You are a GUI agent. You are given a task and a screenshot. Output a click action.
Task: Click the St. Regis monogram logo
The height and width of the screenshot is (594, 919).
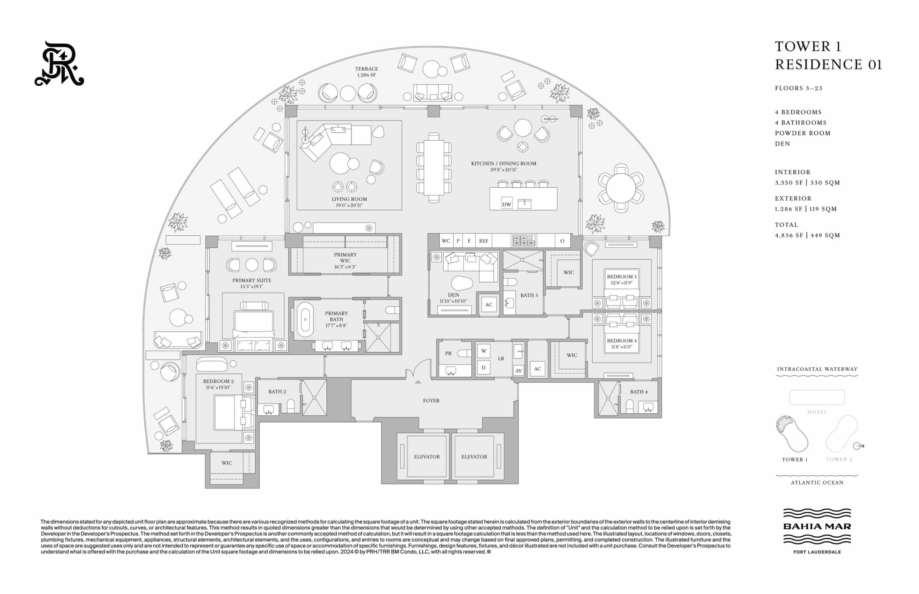coord(59,63)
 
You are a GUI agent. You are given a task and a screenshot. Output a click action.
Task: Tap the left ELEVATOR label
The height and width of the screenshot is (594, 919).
coord(427,457)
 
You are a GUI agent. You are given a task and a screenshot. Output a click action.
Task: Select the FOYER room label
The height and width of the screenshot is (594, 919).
coord(431,401)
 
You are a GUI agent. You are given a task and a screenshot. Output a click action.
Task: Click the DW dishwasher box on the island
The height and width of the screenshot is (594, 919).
coord(507,204)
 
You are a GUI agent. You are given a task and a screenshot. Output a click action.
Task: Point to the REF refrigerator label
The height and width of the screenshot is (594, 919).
coord(484,241)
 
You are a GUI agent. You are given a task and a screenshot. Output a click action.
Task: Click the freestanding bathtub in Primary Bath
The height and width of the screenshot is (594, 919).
coord(305,319)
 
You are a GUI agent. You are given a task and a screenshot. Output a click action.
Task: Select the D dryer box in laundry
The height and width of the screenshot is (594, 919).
coord(484,368)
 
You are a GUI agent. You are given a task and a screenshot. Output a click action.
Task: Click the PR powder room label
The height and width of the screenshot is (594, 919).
coord(448,353)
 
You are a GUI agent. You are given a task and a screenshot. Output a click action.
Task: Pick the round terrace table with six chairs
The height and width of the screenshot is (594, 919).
coord(621,188)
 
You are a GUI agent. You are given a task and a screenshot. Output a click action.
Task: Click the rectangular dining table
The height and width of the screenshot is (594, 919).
coord(434,168)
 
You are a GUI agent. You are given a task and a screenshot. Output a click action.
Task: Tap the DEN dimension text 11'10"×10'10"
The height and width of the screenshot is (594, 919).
coord(453,301)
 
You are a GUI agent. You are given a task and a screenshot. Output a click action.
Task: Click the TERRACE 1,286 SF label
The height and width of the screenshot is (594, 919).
coord(366,72)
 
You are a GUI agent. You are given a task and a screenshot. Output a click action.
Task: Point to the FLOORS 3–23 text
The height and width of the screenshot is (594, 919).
coord(799,88)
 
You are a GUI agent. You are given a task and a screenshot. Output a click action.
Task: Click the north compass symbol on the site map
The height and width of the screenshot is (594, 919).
coord(858,446)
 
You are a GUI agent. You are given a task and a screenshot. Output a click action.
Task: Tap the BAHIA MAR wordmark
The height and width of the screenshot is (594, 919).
coord(817,526)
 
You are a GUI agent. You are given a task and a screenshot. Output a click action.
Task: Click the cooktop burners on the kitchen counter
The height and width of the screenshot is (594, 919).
coord(524,241)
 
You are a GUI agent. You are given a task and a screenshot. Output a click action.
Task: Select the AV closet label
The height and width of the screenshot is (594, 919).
coord(518,371)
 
